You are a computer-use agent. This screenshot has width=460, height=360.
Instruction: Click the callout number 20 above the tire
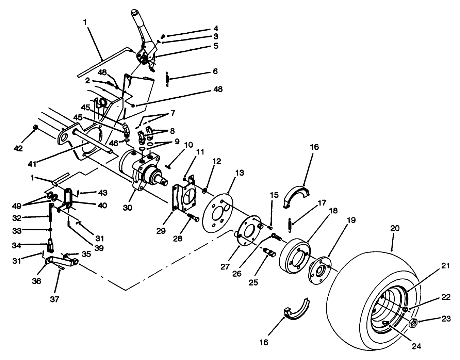pyautogui.click(x=395, y=228)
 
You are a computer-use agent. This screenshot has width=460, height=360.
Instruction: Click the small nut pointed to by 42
pyautogui.click(x=35, y=127)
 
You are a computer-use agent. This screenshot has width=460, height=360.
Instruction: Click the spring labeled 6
pyautogui.click(x=167, y=79)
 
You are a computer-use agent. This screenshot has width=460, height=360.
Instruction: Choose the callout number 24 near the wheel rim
pyautogui.click(x=416, y=346)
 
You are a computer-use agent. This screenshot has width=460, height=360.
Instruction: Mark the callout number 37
pyautogui.click(x=54, y=299)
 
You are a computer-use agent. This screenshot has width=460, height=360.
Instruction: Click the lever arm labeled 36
pyautogui.click(x=61, y=262)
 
